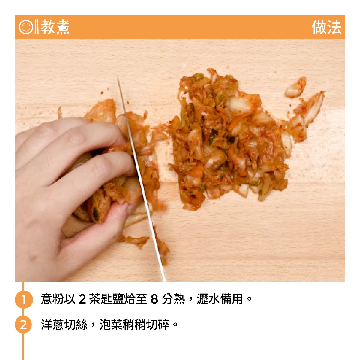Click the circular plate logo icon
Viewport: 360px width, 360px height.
click(x=26, y=27)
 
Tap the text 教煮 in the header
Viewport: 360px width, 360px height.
click(x=55, y=27)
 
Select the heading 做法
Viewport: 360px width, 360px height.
click(x=326, y=27)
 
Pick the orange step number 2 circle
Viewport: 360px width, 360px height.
click(x=23, y=325)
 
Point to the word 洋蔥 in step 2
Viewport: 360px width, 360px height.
click(x=52, y=325)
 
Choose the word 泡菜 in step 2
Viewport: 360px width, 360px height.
click(x=111, y=325)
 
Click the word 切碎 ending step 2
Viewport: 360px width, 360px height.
click(x=157, y=325)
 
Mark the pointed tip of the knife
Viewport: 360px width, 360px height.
click(x=118, y=76)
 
